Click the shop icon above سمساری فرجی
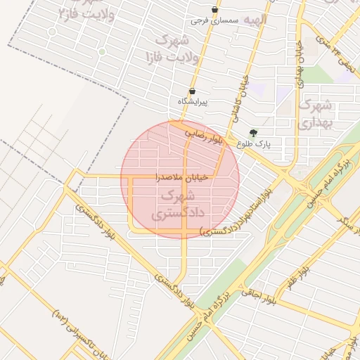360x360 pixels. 214,10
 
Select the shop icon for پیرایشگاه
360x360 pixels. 192,91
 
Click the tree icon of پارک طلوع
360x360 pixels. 253,133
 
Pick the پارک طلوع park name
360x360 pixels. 264,144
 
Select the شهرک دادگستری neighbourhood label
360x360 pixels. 181,203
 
